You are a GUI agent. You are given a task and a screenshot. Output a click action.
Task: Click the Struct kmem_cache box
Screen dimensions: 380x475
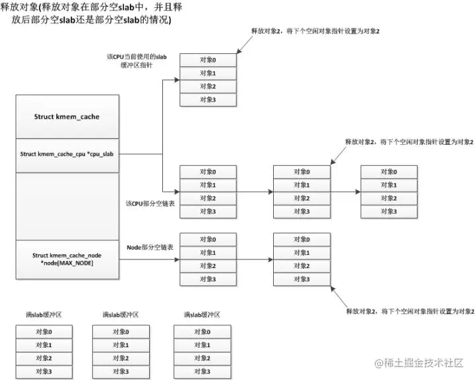click(67, 117)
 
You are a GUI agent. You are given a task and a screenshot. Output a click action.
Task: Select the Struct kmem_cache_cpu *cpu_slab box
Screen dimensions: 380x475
click(67, 154)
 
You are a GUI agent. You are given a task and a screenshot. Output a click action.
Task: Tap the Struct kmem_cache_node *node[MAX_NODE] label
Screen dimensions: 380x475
click(67, 259)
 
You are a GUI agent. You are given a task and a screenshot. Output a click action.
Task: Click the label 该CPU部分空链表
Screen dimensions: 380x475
click(149, 204)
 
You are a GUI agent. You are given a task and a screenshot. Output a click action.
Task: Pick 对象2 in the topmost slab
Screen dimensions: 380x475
click(208, 86)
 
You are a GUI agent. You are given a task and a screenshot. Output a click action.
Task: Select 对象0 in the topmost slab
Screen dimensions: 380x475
click(208, 60)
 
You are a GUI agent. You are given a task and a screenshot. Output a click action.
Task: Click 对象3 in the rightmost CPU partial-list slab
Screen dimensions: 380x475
click(389, 211)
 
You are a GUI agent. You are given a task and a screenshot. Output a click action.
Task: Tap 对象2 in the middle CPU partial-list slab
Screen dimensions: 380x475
click(301, 198)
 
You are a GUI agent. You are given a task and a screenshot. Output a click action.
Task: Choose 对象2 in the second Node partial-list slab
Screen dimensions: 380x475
click(301, 266)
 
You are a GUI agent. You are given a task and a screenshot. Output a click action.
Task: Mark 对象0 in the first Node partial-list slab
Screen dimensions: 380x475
click(208, 240)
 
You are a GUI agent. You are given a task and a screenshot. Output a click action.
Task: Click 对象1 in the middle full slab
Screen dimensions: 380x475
click(120, 345)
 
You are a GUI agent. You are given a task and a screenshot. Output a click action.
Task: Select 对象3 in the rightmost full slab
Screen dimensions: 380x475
click(201, 372)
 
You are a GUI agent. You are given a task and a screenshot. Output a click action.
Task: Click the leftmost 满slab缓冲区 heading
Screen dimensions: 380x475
click(44, 315)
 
